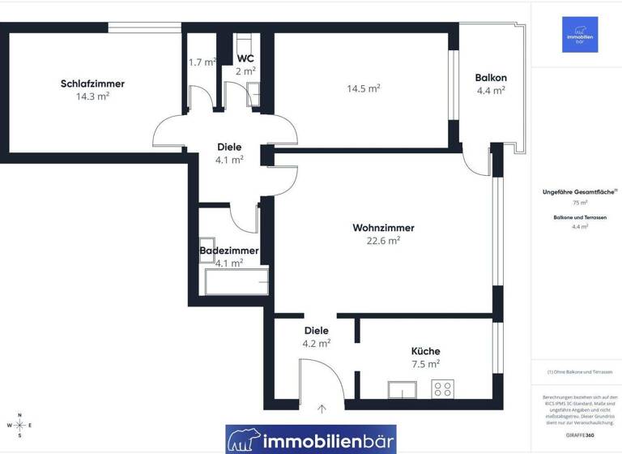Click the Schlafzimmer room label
coord(92,84)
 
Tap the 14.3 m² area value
coord(92,96)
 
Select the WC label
coord(245,58)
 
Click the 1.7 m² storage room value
coord(202,62)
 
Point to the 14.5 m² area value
coord(364,88)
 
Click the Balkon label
coord(491,78)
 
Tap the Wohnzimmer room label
coord(383,228)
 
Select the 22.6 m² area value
coord(383,240)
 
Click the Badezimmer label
coord(229,251)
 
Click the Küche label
coord(425,351)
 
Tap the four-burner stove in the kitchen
coord(442,389)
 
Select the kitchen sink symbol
coord(403,390)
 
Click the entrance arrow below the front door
coord(322,409)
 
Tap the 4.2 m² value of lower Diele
coord(316,343)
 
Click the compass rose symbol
coord(19,425)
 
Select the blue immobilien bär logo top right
coord(580,35)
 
